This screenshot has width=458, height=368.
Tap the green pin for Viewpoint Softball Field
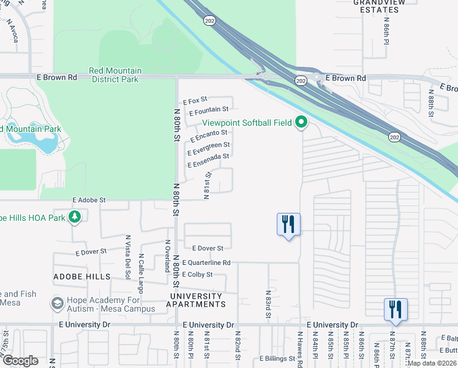(301, 123)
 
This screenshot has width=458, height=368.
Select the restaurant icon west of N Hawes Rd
(288, 224)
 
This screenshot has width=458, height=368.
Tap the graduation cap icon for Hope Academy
(58, 303)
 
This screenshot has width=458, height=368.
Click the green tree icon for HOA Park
(75, 217)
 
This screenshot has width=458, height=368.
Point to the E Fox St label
(196, 100)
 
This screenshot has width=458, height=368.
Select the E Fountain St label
(208, 111)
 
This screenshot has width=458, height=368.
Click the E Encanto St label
(208, 133)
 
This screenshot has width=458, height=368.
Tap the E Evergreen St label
(209, 147)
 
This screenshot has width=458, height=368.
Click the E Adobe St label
(89, 200)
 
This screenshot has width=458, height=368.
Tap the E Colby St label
(197, 274)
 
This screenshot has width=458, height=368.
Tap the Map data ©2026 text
(432, 363)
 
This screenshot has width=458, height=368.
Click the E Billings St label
(277, 358)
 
